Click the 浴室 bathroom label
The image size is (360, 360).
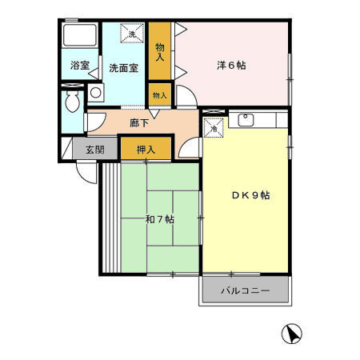[x=78, y=66]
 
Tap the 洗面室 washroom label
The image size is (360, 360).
[x=123, y=68]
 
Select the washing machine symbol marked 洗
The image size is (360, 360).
[x=132, y=34]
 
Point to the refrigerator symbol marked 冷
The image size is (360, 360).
[x=214, y=126]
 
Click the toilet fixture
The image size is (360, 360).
[x=73, y=101]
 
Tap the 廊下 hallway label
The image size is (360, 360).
[x=138, y=122]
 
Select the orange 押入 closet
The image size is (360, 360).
[x=145, y=148]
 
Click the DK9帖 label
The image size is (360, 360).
[x=250, y=194]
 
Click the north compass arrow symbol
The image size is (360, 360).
[x=291, y=334]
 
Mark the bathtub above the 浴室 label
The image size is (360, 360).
[x=80, y=37]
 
